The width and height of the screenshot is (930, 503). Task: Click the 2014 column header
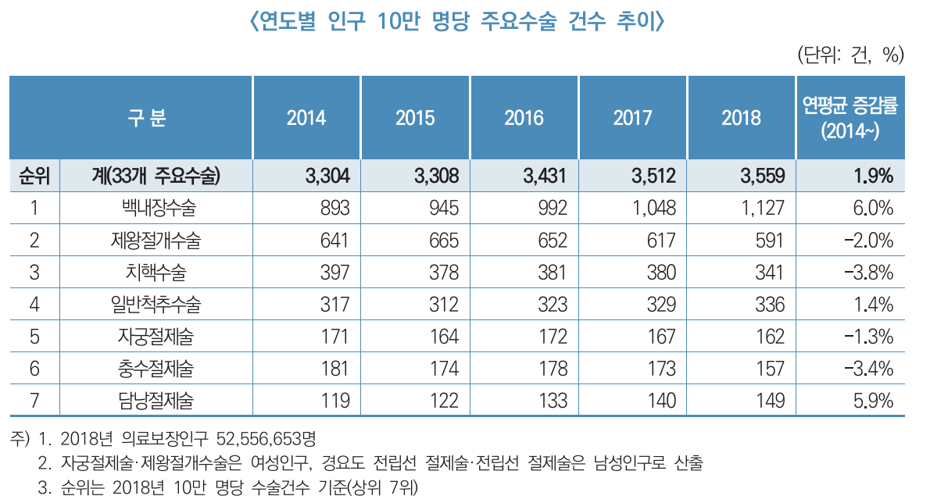(x=306, y=118)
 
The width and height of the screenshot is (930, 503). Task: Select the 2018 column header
(x=741, y=118)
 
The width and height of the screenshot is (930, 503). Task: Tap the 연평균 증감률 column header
(x=850, y=118)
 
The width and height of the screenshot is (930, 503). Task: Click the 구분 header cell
(x=147, y=118)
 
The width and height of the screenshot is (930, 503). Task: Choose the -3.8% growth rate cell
(x=869, y=273)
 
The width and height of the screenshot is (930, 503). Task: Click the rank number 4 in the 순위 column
(x=34, y=305)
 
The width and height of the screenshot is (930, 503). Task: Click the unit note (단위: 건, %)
(x=850, y=55)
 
